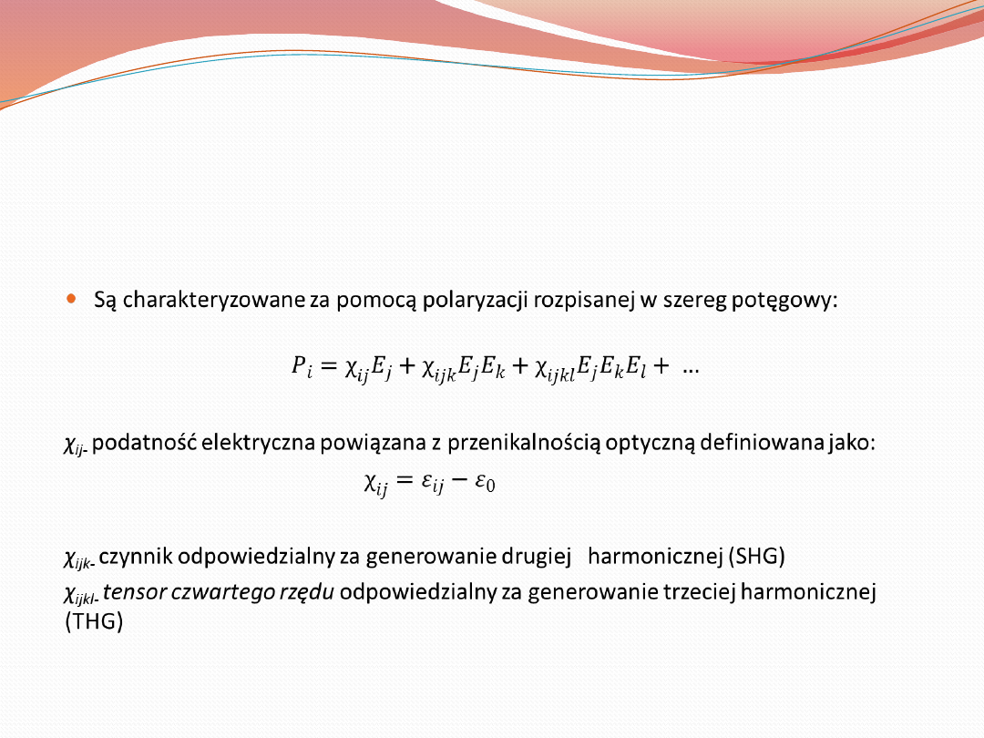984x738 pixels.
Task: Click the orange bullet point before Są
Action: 72,300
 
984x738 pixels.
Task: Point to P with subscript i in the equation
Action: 302,366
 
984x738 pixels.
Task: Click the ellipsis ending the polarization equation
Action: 691,370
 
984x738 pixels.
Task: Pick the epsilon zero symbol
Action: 485,482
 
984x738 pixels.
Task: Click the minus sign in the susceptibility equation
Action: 459,480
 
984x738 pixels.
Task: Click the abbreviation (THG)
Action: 94,621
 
